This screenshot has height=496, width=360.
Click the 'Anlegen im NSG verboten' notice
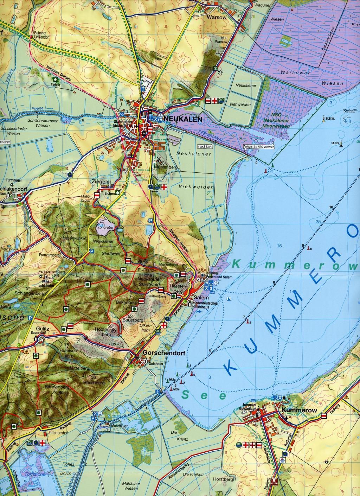coord(258,147)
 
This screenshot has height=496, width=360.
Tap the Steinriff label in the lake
coord(347,111)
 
